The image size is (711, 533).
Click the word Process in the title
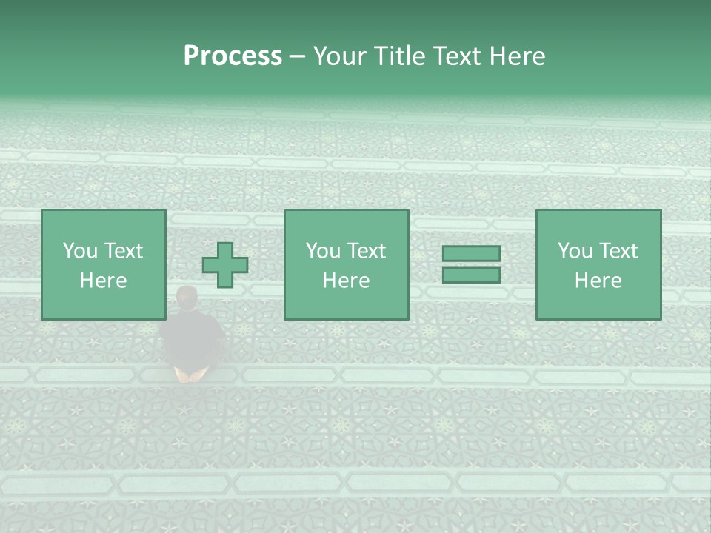point(233,56)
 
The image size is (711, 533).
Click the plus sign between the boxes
point(225,265)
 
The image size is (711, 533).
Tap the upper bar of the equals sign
point(471,254)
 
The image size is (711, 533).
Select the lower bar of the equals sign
point(471,275)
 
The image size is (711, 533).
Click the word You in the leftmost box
point(79,251)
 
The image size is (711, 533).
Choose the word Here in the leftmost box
point(103,281)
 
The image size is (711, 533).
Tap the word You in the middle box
point(322,251)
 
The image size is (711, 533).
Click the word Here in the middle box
point(346,281)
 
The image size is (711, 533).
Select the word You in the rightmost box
point(574,251)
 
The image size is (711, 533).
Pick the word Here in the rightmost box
point(598,281)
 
